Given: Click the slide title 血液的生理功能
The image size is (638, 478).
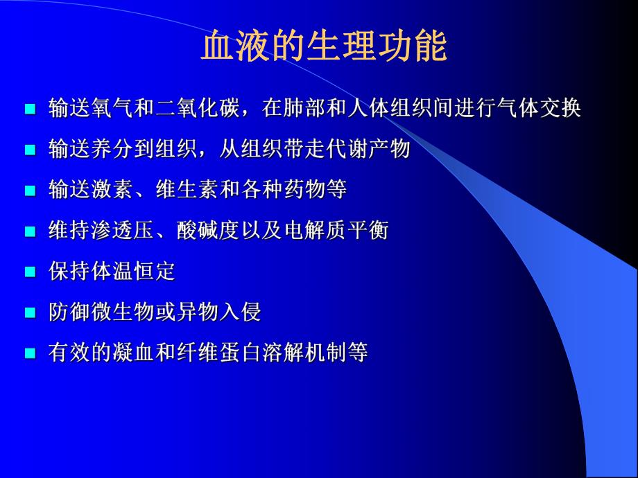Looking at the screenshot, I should pyautogui.click(x=324, y=48).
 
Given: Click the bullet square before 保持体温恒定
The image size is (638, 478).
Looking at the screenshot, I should pyautogui.click(x=30, y=272).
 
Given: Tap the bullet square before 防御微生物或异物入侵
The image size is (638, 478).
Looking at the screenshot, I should pyautogui.click(x=30, y=312).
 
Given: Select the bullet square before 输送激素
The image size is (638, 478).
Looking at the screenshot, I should pyautogui.click(x=30, y=191).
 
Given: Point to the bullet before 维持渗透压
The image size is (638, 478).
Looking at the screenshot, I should pyautogui.click(x=30, y=231).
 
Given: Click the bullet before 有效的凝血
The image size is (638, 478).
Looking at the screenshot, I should pyautogui.click(x=30, y=353).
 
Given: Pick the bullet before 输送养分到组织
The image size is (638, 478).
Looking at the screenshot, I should pyautogui.click(x=30, y=150).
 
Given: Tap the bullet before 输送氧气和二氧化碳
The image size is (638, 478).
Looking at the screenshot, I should pyautogui.click(x=30, y=109).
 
